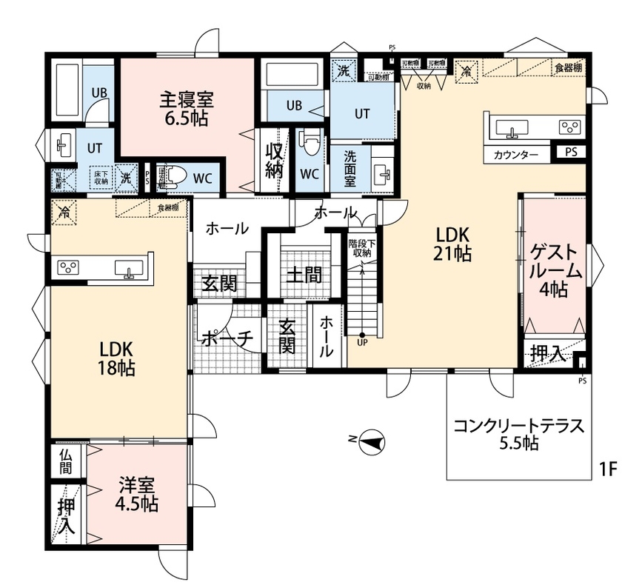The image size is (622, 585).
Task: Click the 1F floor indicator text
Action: (x=609, y=469)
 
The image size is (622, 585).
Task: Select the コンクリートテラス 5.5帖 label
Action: (x=518, y=435)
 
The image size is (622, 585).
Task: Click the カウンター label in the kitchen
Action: (x=516, y=155)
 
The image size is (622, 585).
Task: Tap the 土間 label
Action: (x=304, y=276)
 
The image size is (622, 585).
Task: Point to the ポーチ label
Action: (x=227, y=338)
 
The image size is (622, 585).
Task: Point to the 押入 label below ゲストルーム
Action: (x=549, y=355)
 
